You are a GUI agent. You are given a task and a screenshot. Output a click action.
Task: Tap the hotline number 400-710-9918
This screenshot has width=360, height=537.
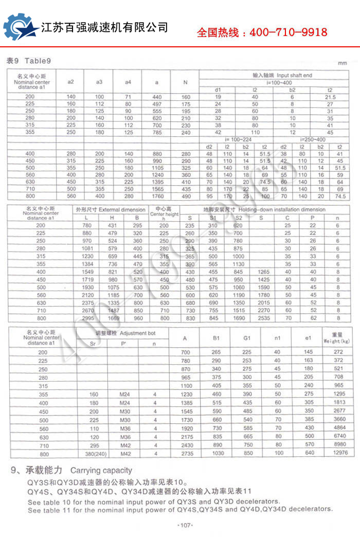pos(289,32)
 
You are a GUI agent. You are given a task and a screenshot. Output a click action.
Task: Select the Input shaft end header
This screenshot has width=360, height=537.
pos(282,75)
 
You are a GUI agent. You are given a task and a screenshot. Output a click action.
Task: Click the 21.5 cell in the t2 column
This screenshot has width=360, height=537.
pos(330,97)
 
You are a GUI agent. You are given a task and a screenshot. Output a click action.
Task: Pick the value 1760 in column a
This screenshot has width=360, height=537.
pos(157,196)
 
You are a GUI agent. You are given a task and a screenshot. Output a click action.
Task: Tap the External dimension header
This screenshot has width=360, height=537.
pos(110,210)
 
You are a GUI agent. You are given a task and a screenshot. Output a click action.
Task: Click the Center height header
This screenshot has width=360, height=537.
pos(164,212)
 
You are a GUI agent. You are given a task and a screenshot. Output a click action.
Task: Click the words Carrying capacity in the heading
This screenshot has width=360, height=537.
pos(101,470)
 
